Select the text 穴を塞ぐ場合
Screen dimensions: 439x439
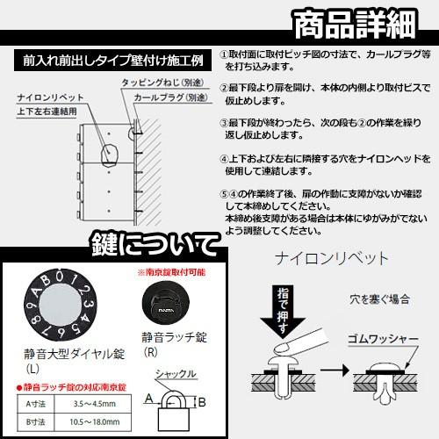(378, 299)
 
